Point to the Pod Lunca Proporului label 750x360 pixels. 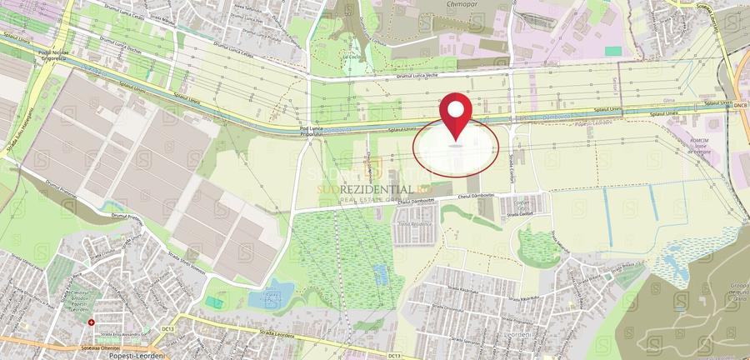pyautogui.click(x=310, y=132)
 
